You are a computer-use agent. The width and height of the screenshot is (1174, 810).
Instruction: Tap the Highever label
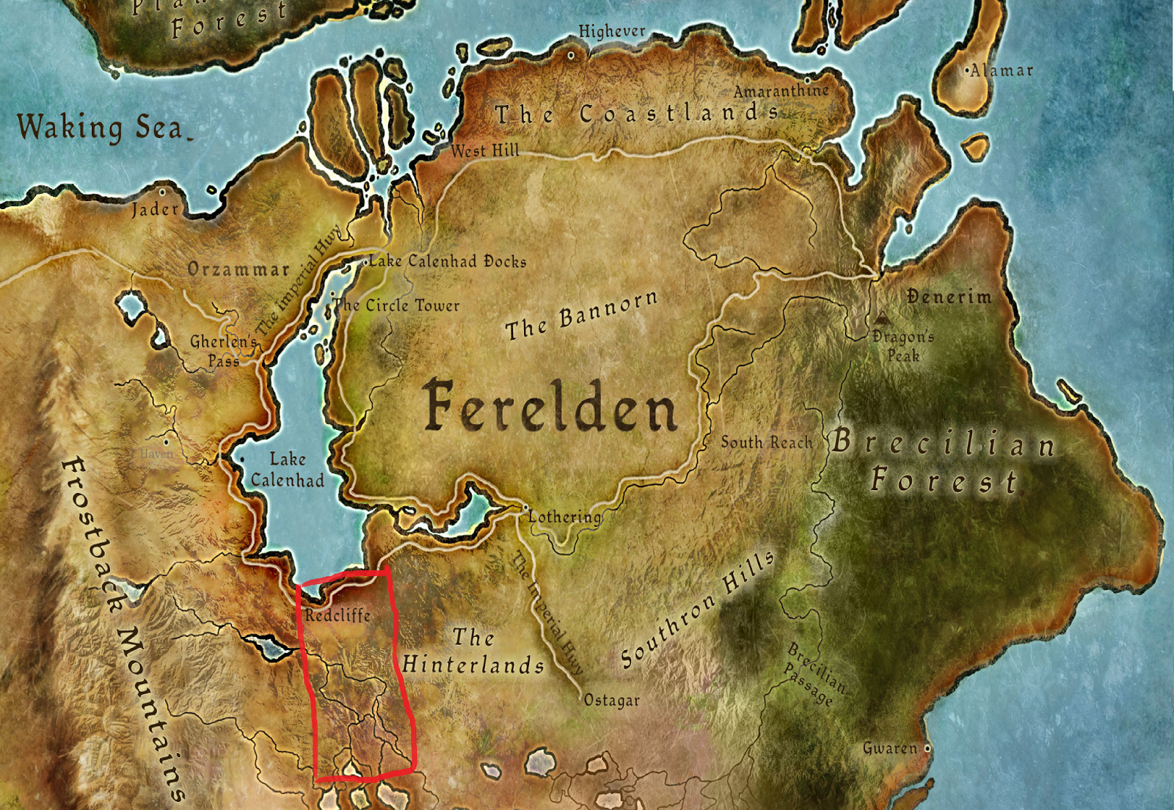(x=612, y=32)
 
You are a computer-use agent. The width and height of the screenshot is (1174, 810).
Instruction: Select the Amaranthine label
(x=781, y=91)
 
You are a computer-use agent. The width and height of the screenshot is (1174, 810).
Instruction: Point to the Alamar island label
(x=1002, y=71)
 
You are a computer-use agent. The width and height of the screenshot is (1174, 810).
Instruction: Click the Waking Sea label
(x=101, y=127)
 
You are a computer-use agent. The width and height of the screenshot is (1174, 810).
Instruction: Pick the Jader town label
(x=155, y=210)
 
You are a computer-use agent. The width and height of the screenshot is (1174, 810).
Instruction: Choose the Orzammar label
(x=238, y=269)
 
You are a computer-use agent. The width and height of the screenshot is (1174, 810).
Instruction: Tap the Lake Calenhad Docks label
(x=448, y=261)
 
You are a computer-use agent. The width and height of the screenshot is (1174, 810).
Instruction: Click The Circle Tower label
(x=397, y=305)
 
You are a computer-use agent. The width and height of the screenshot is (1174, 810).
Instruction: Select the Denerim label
(x=949, y=297)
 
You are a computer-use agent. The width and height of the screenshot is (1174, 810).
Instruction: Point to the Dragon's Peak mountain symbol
(x=881, y=319)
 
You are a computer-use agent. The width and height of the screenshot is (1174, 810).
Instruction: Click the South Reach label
(x=767, y=442)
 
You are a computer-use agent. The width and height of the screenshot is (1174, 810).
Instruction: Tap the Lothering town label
(x=564, y=517)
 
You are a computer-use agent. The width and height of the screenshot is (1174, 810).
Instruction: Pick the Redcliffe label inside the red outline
(x=338, y=615)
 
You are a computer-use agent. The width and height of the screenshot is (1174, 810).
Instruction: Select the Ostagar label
(x=612, y=701)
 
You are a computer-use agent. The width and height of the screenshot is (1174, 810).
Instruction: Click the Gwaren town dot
(x=927, y=748)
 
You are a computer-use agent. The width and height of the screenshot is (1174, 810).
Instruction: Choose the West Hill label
(x=484, y=150)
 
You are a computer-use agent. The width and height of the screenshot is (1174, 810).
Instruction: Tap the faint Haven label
(x=156, y=454)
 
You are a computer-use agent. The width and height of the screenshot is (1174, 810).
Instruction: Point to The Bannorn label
(x=581, y=315)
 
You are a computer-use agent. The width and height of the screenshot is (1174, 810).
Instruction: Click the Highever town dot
(x=571, y=55)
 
